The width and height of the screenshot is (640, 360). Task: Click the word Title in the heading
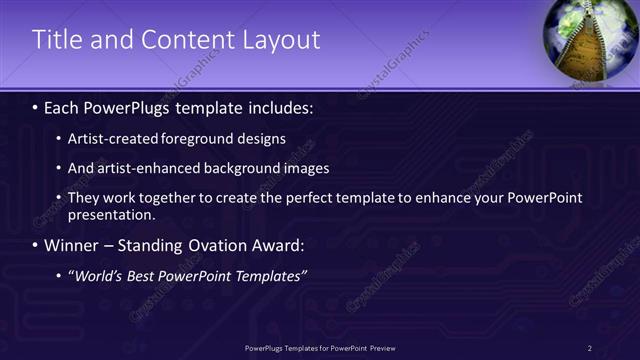[x=57, y=40]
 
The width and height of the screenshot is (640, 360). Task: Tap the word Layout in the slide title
[x=282, y=40]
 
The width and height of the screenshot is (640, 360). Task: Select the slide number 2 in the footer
[x=590, y=347]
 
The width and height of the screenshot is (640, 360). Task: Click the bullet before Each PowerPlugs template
[x=36, y=107]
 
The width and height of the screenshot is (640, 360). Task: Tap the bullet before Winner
[x=36, y=245]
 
